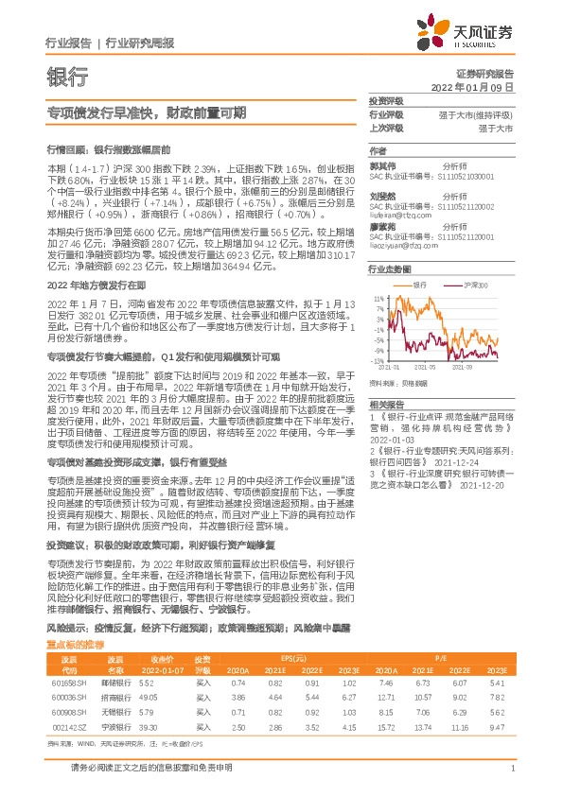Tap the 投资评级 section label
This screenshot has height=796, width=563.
coord(386,101)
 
